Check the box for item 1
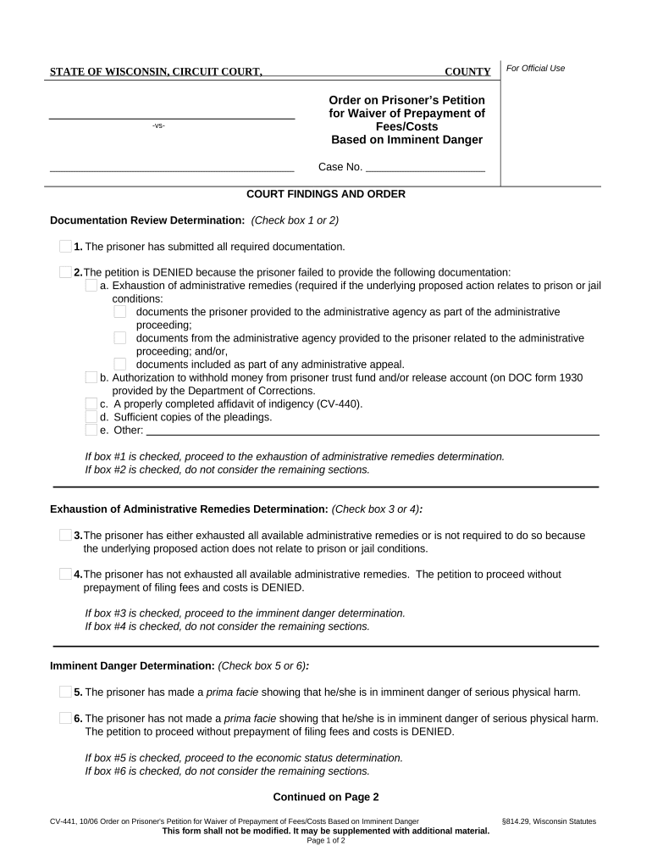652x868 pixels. (65, 247)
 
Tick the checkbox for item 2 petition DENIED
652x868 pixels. (65, 272)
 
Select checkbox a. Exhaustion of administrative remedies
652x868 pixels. (91, 286)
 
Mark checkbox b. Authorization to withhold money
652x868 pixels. (91, 377)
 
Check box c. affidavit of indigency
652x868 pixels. (91, 403)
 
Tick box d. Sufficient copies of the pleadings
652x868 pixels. (91, 416)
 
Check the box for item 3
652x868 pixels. (65, 535)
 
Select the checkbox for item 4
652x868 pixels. (65, 574)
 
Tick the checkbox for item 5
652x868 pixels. (65, 692)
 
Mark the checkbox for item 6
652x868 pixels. (65, 718)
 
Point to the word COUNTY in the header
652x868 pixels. (467, 72)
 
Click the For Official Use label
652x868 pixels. (535, 69)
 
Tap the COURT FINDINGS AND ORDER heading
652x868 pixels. (325, 194)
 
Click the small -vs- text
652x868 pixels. (158, 126)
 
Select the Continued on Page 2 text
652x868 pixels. (325, 797)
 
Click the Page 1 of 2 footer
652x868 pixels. (325, 841)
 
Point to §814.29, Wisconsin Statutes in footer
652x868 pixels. (549, 821)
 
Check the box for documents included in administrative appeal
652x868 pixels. (119, 364)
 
